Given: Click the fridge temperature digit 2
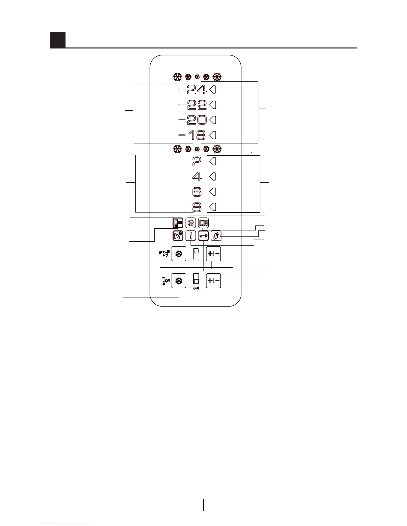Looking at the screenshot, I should point(197,162).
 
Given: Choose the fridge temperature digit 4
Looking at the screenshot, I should point(197,177).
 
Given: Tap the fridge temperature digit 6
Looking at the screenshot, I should point(197,192).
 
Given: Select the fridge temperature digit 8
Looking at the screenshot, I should point(197,208).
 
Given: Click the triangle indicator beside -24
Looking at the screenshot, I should point(213,89).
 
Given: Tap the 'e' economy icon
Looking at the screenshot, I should point(191,223).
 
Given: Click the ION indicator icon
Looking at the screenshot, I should point(203,223).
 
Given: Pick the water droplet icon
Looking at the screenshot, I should point(216,236).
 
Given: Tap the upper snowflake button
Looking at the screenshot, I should point(179,255).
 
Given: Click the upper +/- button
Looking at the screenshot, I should point(213,255).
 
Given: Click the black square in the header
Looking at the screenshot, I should point(58,40).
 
